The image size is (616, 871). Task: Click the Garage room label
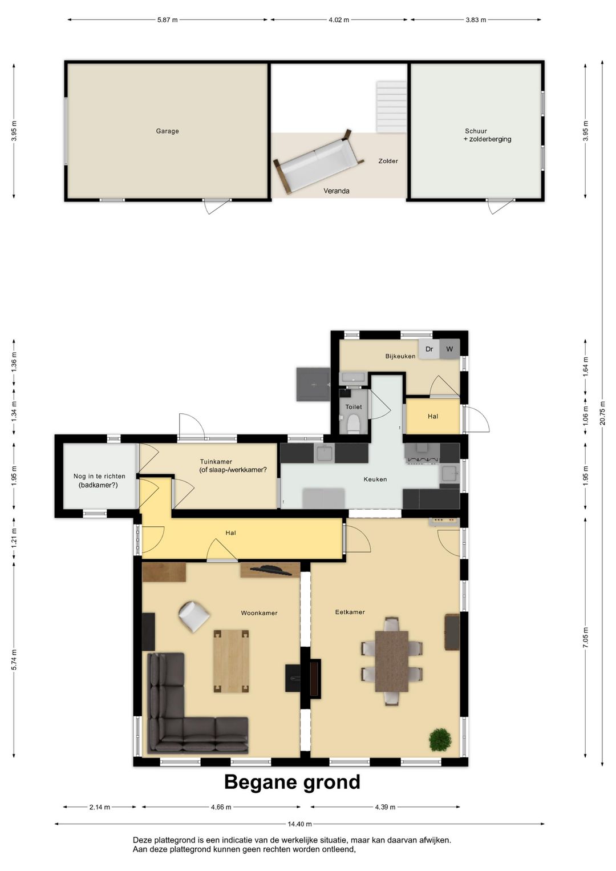tap(167, 131)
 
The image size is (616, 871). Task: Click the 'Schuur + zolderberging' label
tap(487, 135)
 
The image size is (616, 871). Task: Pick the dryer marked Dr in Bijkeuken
tap(429, 349)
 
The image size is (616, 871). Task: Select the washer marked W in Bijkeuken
tap(449, 349)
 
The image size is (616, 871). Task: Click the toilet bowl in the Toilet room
tap(353, 424)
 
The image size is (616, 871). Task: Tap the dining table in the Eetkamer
tap(391, 660)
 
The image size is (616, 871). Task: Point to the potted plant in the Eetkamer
tap(440, 740)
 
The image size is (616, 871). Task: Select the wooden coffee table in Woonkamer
tap(231, 661)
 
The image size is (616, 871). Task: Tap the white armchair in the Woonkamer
tap(193, 616)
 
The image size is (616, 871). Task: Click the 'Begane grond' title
tap(292, 782)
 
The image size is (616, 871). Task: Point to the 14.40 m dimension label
tap(299, 824)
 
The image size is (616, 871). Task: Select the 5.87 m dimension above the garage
tap(167, 20)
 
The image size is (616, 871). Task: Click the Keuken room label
tap(375, 479)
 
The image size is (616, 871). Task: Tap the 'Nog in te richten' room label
tap(99, 481)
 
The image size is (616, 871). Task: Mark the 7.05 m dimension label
tap(586, 637)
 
